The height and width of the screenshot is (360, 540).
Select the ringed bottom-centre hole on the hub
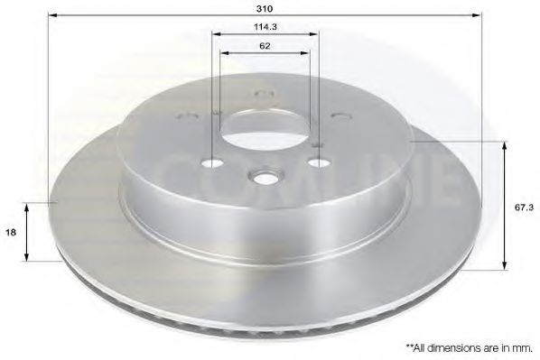click(x=265, y=176)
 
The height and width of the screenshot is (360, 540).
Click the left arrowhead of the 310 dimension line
click(x=51, y=16)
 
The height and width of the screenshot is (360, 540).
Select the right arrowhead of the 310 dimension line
click(x=483, y=16)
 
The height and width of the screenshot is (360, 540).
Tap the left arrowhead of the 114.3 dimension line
click(x=215, y=35)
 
